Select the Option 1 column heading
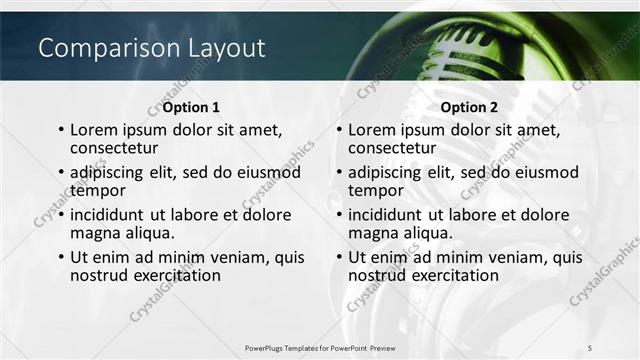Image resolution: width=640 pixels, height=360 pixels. [191, 107]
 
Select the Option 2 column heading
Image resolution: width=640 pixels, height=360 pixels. [469, 107]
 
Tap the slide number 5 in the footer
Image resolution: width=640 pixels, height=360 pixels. [588, 346]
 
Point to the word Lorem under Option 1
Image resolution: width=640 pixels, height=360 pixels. [96, 129]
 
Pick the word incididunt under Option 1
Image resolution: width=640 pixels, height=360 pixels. [113, 214]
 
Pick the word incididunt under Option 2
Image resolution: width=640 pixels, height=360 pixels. [392, 214]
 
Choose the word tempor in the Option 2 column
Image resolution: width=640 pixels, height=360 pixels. [374, 190]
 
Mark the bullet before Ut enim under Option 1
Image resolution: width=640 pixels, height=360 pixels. [62, 258]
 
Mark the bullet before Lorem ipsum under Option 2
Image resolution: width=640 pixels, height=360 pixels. [341, 130]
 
